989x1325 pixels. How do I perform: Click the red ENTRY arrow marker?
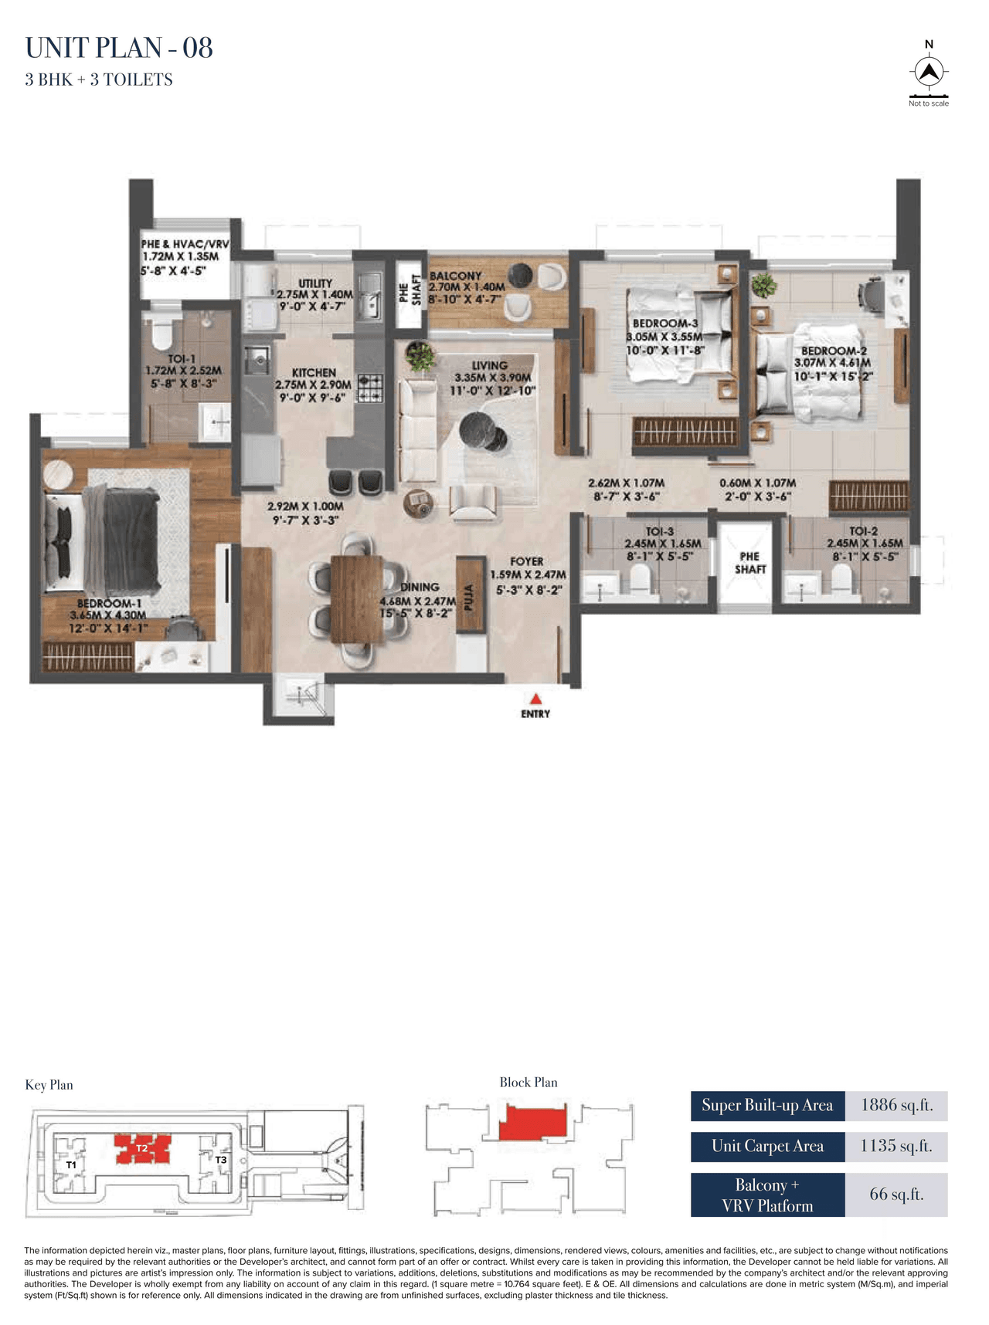coord(535,698)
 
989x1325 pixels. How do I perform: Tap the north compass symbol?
coord(929,72)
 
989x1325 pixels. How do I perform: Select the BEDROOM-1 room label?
coord(109,604)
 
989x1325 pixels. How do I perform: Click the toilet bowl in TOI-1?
coord(161,335)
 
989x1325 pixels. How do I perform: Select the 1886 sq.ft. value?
coord(896,1105)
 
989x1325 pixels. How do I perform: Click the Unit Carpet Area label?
coord(767,1146)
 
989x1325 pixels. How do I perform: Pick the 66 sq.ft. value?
coord(896,1194)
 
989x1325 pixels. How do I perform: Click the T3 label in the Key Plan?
coord(221,1159)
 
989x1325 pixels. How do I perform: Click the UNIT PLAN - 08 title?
coord(119,48)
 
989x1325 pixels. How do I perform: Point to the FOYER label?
coord(527,561)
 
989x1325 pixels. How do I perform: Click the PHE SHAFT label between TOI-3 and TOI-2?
coord(750,562)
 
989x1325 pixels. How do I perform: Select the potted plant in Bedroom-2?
coord(763,284)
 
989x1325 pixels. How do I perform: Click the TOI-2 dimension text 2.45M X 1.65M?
coord(864,544)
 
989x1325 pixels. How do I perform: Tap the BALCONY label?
coord(456,276)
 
